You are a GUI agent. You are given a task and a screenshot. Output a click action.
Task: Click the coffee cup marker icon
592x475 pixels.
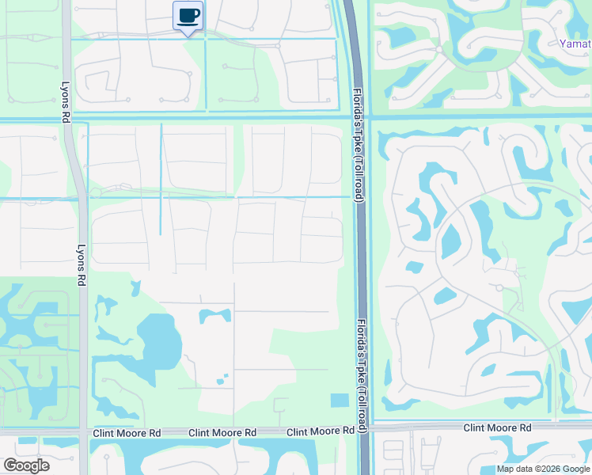pyautogui.click(x=188, y=16)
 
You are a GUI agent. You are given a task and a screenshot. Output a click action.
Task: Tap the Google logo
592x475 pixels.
pyautogui.click(x=26, y=465)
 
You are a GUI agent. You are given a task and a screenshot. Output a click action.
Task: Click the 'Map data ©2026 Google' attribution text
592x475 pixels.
pyautogui.click(x=543, y=469)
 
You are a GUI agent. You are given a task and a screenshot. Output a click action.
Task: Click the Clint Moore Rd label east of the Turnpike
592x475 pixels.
pyautogui.click(x=496, y=427)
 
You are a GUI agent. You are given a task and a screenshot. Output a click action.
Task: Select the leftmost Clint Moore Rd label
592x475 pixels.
pyautogui.click(x=127, y=433)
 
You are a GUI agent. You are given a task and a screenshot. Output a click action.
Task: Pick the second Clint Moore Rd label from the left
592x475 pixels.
pyautogui.click(x=222, y=433)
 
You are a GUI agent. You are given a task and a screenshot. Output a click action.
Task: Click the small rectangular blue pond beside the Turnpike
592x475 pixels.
pyautogui.click(x=340, y=401)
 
